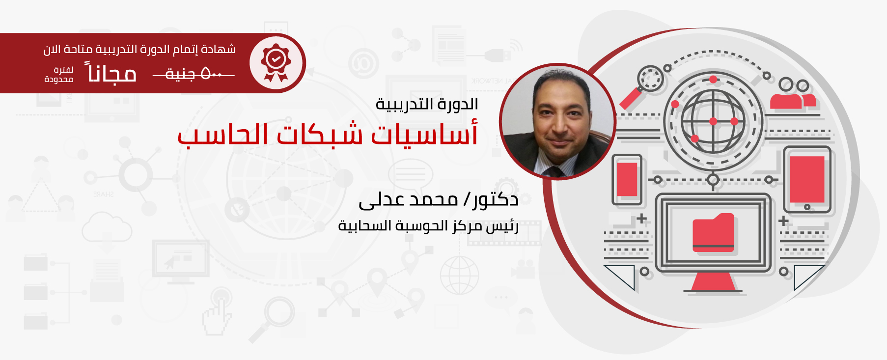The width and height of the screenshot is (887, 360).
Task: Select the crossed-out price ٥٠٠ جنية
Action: click(x=194, y=74)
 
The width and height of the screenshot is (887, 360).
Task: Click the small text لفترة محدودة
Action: click(x=59, y=75)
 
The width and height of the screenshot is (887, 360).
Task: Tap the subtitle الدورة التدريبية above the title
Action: click(x=427, y=104)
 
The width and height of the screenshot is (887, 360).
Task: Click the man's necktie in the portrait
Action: click(x=555, y=172)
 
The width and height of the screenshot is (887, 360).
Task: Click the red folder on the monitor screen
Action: click(x=713, y=233)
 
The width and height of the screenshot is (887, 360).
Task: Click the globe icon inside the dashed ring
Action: click(x=713, y=121)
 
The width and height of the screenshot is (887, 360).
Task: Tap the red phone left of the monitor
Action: click(x=627, y=179)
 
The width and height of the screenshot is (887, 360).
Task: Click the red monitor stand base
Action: click(x=713, y=282)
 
